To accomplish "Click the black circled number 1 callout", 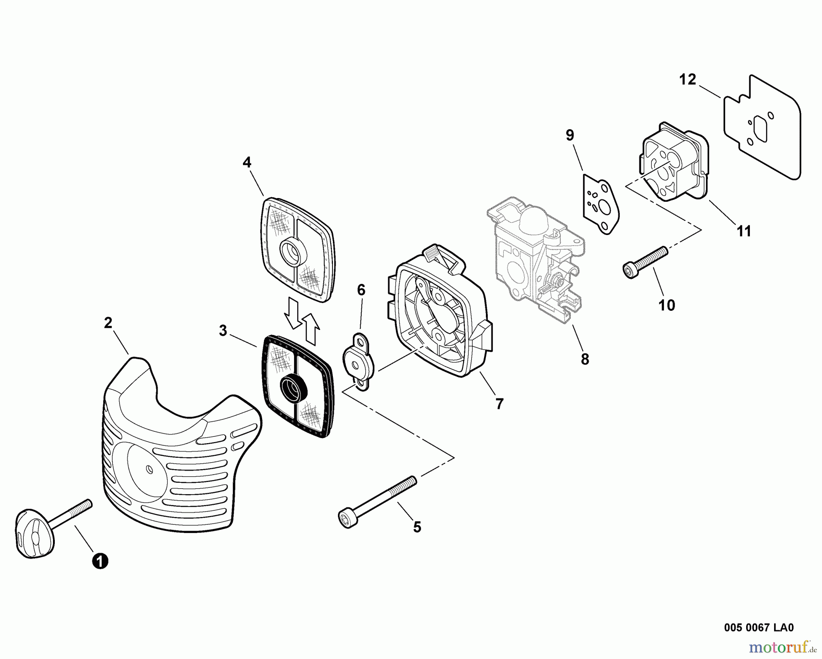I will [x=100, y=560].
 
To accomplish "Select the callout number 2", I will [x=108, y=323].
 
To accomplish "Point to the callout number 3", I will [x=223, y=331].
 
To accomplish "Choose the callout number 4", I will [x=247, y=162].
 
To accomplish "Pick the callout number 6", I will [x=361, y=290].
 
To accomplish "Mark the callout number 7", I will [x=499, y=403].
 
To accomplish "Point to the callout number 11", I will [x=744, y=231].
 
